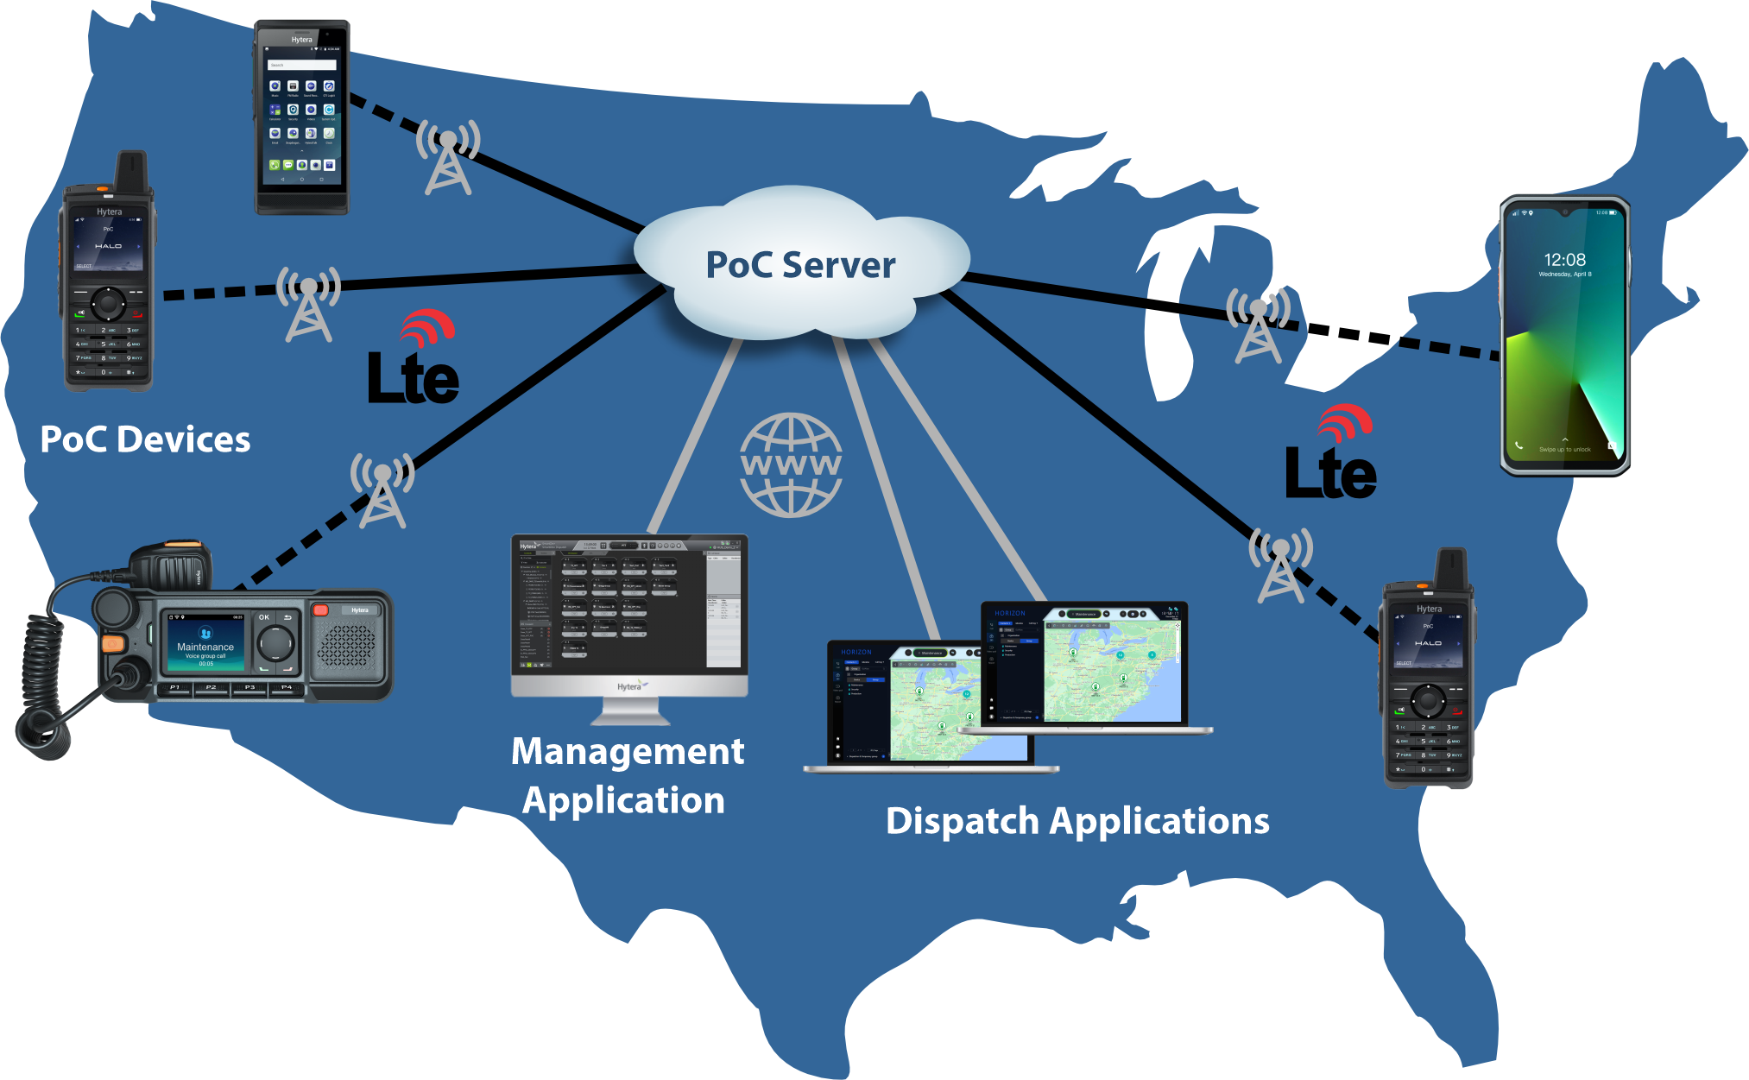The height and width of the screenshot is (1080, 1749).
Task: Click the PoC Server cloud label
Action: tap(800, 265)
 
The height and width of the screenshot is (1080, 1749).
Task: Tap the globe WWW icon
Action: tap(791, 465)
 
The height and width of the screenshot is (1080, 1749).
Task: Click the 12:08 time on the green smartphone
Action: tap(1564, 260)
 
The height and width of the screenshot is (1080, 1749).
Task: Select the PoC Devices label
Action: tap(145, 439)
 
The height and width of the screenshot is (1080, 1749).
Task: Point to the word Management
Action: tap(628, 751)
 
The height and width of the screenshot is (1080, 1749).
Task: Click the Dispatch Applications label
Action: tap(1077, 821)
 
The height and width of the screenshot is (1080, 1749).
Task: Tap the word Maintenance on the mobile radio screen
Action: tap(205, 647)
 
